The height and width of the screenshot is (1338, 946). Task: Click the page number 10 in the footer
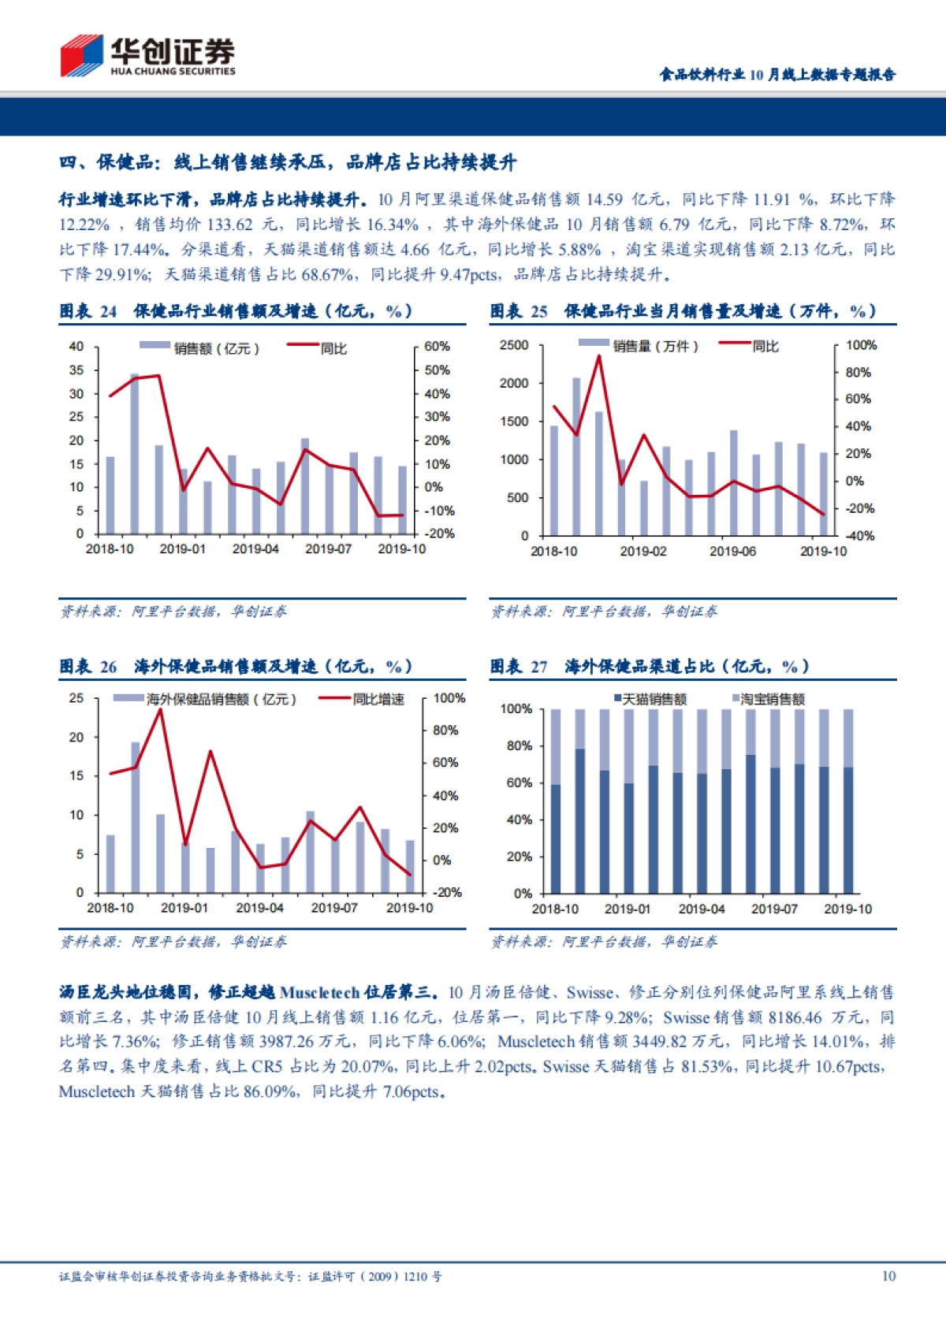point(888,1276)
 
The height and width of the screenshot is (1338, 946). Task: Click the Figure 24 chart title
point(236,311)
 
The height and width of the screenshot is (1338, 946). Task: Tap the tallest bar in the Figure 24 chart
point(135,453)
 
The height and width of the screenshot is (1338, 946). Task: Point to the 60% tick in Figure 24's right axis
point(437,347)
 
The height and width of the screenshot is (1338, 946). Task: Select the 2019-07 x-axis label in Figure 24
point(328,548)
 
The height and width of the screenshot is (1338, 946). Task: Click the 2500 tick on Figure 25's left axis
point(513,345)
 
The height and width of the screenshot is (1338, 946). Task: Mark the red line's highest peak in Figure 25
point(599,356)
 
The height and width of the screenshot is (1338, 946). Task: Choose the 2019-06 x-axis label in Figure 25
point(732,551)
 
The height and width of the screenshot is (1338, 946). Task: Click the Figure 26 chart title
point(236,667)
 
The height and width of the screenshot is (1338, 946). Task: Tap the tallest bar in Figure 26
point(136,817)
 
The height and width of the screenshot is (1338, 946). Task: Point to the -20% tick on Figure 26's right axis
point(447,892)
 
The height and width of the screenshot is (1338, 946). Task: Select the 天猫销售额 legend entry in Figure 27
point(654,699)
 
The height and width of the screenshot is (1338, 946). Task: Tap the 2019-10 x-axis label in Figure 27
point(847,909)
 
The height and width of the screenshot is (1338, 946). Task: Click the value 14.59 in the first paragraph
point(607,199)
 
